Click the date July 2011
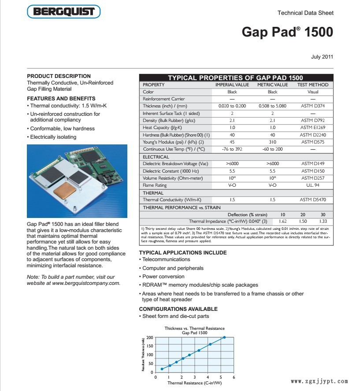(322, 57)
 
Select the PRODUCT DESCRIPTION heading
(59, 76)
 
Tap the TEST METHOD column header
(313, 85)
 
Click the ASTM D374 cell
(313, 106)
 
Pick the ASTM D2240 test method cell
(313, 135)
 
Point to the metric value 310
(272, 142)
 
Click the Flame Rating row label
(155, 185)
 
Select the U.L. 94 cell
(313, 185)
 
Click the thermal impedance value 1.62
(283, 221)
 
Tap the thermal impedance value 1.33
(323, 221)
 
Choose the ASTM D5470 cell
(313, 200)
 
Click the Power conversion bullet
(163, 277)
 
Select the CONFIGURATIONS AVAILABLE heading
(178, 309)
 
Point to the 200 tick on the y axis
(150, 338)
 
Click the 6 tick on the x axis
(234, 377)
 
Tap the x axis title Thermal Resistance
(194, 383)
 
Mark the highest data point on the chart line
(224, 337)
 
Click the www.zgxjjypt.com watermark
(319, 382)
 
